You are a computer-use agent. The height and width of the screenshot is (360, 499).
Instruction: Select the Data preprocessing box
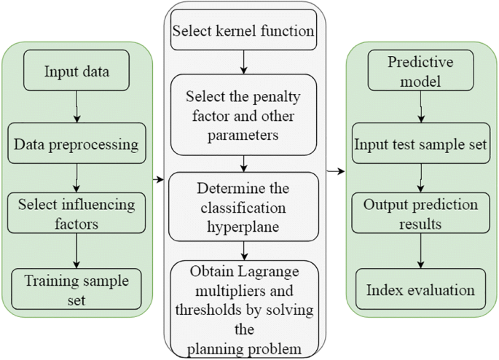76,144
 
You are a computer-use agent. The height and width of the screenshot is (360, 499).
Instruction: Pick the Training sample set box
76,288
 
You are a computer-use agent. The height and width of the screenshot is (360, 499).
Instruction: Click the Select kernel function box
243,31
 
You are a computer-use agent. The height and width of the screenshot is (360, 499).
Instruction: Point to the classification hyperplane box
243,206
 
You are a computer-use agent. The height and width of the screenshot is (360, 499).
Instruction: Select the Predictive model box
420,72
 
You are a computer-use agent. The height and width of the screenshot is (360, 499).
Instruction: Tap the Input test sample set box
420,144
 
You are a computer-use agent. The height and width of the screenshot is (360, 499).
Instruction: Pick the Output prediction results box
420,213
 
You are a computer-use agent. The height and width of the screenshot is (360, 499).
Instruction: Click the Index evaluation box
420,290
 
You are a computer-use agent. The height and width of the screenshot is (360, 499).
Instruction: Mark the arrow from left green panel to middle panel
159,178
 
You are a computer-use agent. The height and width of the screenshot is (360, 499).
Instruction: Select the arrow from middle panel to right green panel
336,172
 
